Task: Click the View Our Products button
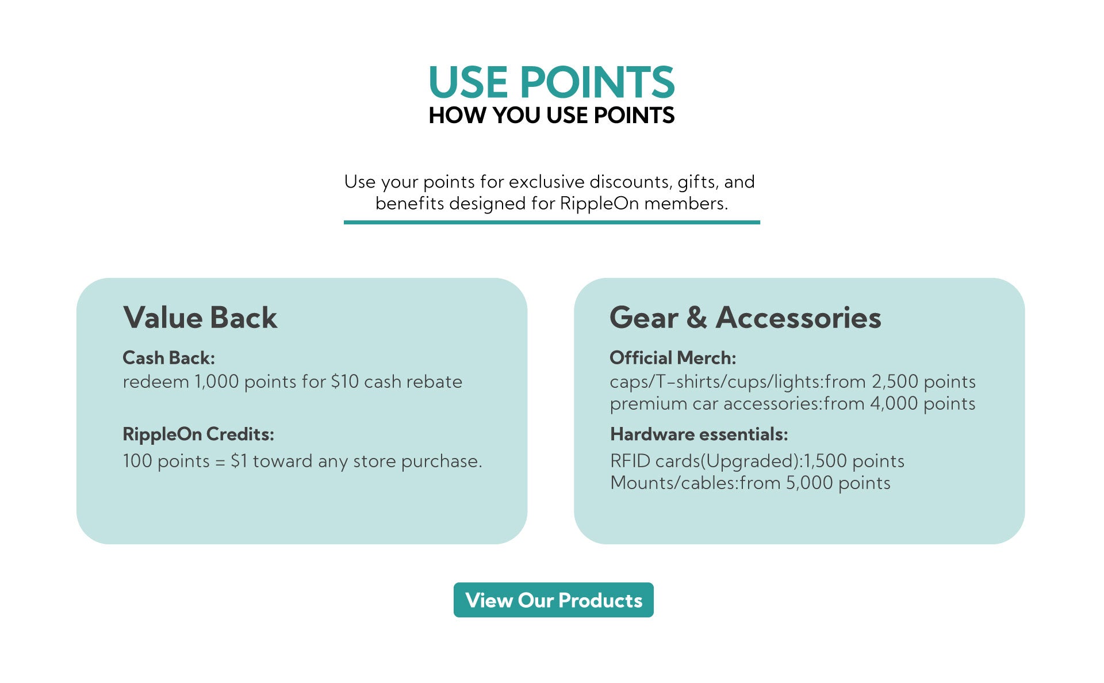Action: click(x=553, y=600)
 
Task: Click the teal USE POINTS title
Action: click(x=551, y=82)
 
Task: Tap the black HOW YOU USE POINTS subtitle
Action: click(x=551, y=116)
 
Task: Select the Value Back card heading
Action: click(x=200, y=318)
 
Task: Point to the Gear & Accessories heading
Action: click(x=745, y=318)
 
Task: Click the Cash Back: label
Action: click(x=168, y=358)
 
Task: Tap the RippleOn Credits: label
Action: click(x=198, y=434)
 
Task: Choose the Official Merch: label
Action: click(x=673, y=358)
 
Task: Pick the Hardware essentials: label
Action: click(x=699, y=434)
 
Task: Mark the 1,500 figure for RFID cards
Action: click(x=825, y=461)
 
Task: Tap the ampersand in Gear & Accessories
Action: click(x=696, y=318)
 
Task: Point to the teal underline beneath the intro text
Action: click(x=551, y=222)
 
